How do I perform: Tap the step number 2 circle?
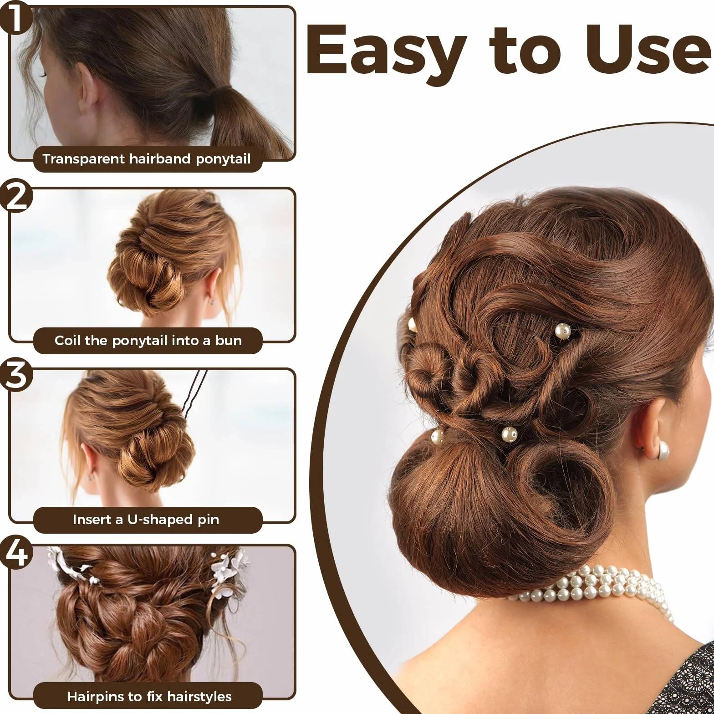[16, 196]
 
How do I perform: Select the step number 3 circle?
[16, 376]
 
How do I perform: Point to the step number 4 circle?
[16, 552]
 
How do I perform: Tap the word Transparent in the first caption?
[84, 159]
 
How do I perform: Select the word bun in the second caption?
[229, 341]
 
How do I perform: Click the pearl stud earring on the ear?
[661, 451]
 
